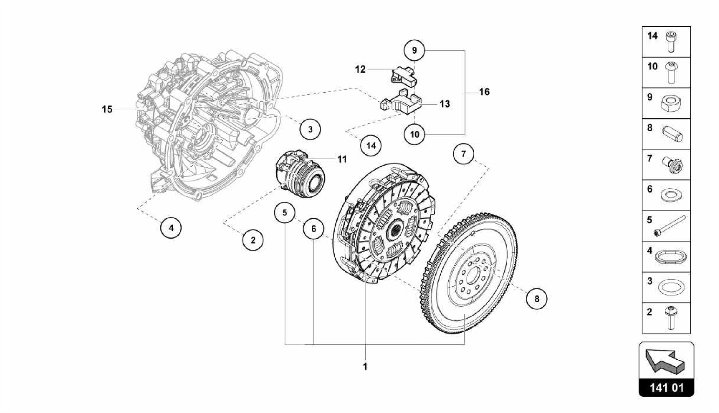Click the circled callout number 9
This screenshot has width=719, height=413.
[414, 51]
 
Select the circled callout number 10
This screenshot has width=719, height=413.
[415, 134]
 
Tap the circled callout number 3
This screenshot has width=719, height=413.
[310, 129]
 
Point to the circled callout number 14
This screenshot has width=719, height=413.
[371, 145]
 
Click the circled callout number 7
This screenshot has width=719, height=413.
[463, 154]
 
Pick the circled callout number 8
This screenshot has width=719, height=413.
[536, 299]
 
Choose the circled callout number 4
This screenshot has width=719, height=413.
[171, 228]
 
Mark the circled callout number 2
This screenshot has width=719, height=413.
[253, 240]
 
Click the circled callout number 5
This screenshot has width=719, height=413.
[285, 213]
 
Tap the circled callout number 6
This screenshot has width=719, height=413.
[314, 229]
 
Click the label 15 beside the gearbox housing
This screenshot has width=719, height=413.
[107, 109]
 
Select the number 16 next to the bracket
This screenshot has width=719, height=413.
[484, 92]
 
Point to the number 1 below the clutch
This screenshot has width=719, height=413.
[365, 367]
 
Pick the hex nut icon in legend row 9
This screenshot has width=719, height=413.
[671, 104]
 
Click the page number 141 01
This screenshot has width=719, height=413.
[666, 388]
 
